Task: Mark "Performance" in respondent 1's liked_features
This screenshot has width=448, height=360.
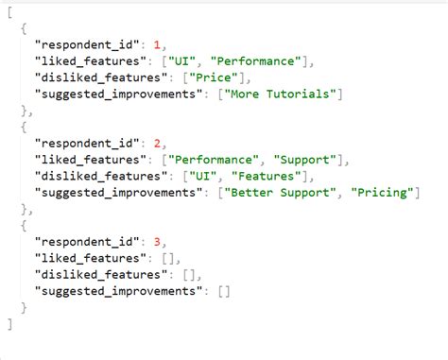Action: coord(254,60)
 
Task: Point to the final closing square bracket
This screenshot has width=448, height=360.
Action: coord(9,323)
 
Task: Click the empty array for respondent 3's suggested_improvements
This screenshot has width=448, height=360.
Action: coord(223,291)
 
